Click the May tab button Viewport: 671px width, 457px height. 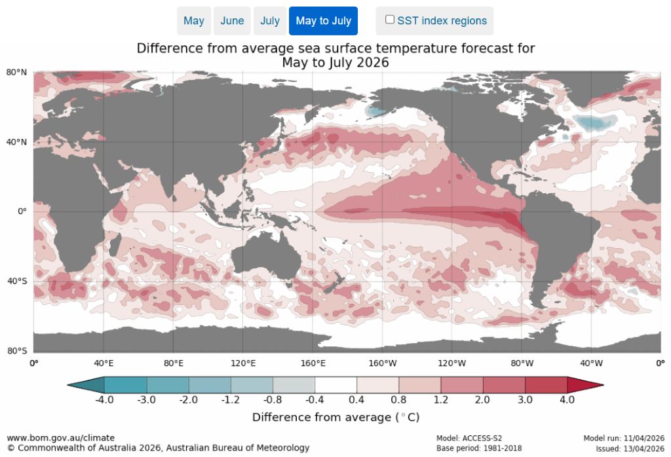tap(193, 21)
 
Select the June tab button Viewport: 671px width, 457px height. tap(232, 21)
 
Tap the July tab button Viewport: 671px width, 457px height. tap(270, 21)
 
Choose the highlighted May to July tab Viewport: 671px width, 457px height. tap(323, 21)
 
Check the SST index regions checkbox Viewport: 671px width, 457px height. tap(390, 20)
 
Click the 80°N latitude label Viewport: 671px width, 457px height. tap(17, 72)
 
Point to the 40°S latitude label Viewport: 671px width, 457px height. tap(17, 282)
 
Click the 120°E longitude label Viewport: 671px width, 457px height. tap(242, 362)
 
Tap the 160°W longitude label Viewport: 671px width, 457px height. tap(383, 362)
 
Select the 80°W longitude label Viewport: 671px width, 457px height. tap(522, 362)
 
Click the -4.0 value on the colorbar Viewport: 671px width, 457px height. tap(105, 399)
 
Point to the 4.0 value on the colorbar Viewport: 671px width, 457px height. tap(567, 399)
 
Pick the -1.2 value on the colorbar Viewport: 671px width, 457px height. tap(231, 399)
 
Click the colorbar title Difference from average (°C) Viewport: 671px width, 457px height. tap(335, 417)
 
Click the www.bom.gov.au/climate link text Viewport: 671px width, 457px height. tap(61, 437)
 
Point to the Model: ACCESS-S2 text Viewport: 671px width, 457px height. tap(469, 438)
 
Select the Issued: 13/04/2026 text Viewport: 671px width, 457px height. tap(630, 448)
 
